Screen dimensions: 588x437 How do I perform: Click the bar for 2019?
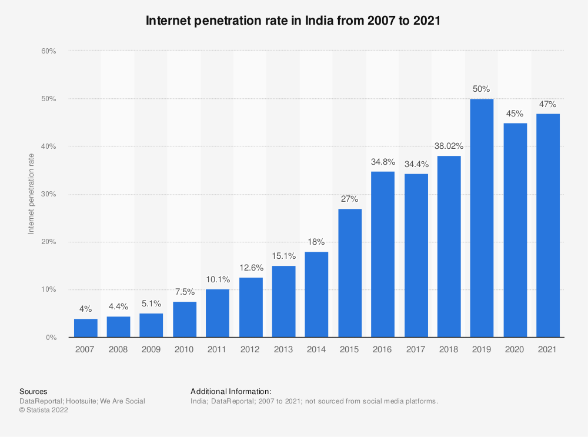482,218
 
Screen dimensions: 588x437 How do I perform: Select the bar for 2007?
85,328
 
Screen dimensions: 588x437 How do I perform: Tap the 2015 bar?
350,273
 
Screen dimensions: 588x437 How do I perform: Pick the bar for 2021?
548,225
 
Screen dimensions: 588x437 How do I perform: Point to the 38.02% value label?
449,146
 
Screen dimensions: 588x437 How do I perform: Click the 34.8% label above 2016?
383,162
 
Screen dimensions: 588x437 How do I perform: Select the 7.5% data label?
185,292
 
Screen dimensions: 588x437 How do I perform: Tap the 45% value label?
514,114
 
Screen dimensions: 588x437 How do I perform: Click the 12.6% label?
251,268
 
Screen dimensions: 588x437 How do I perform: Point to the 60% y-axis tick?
49,51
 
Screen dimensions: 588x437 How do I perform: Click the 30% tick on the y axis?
49,194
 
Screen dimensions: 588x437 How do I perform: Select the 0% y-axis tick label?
51,337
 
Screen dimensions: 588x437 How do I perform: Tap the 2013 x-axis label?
283,349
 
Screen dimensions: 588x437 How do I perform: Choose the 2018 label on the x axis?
449,349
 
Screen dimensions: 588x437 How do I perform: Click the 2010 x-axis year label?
183,349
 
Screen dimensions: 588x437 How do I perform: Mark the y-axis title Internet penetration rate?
31,194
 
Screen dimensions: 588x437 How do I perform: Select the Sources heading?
34,391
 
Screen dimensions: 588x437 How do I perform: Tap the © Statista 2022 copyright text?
44,410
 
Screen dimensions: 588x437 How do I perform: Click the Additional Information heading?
231,391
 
